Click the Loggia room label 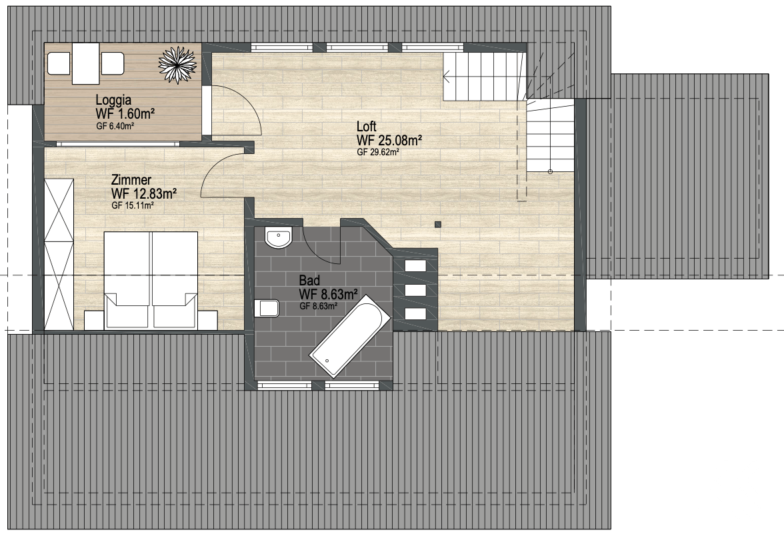[x=113, y=100]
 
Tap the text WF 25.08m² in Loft [x=389, y=140]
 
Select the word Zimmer [x=131, y=180]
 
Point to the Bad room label [x=309, y=281]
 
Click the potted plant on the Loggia [x=177, y=65]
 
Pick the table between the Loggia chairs [x=86, y=63]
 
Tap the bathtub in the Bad [x=350, y=336]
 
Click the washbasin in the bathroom [x=279, y=237]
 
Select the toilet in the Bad [x=267, y=309]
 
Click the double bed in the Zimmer [x=151, y=280]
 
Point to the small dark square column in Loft [x=438, y=225]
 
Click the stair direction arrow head [x=446, y=77]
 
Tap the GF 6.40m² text [x=115, y=127]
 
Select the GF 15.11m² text [x=133, y=205]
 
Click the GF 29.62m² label [x=378, y=153]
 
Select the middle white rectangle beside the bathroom [x=415, y=290]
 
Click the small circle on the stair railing [x=550, y=172]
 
